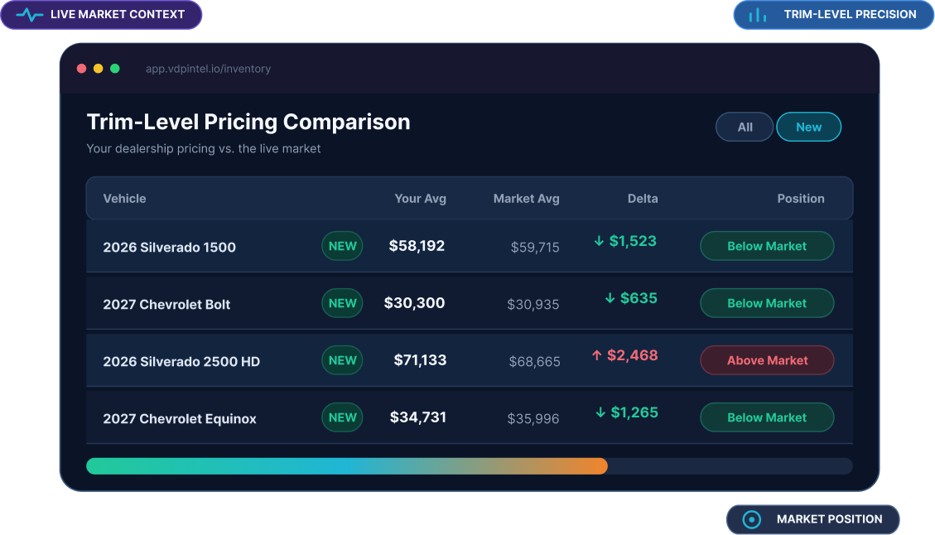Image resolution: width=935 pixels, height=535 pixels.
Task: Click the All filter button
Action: [x=745, y=127]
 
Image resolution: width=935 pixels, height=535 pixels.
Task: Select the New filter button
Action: [x=808, y=127]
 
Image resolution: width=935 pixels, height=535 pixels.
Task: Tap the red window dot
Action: [x=82, y=69]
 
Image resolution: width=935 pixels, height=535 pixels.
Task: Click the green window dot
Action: [x=115, y=69]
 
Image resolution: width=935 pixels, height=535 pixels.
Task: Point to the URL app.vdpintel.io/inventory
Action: [x=208, y=69]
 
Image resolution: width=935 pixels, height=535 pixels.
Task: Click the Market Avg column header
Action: [x=527, y=199]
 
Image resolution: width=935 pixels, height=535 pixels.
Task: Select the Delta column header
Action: [x=643, y=199]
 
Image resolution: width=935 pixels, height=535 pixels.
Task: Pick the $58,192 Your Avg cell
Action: [x=417, y=246]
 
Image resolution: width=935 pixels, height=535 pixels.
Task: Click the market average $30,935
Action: [x=533, y=304]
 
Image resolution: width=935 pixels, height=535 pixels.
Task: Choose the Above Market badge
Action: [x=767, y=360]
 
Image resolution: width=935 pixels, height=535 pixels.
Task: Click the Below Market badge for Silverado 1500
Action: [x=767, y=246]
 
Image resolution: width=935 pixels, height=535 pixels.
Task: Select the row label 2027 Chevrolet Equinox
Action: [x=180, y=419]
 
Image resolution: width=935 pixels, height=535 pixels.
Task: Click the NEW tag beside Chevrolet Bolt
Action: [x=342, y=303]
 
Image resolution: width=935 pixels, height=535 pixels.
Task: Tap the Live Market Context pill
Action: [x=101, y=14]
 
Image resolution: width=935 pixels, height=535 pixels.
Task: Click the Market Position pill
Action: [x=812, y=519]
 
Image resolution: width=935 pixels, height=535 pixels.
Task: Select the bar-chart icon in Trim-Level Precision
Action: [x=757, y=15]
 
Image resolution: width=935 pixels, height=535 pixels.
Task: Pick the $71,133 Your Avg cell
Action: [x=420, y=360]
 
